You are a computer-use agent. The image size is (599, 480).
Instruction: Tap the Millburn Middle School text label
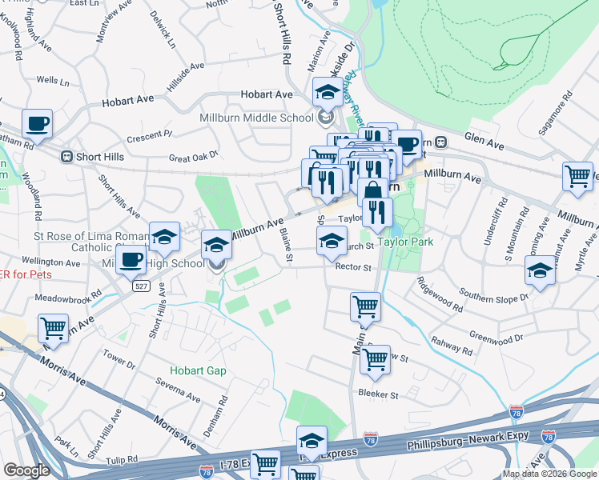click(256, 118)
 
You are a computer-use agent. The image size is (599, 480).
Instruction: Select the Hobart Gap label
click(198, 371)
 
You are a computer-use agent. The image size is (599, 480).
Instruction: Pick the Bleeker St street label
click(378, 394)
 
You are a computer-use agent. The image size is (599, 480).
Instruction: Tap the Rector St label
click(354, 268)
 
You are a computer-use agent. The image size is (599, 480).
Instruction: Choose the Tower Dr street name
click(119, 358)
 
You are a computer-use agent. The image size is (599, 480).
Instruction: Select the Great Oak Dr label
click(193, 158)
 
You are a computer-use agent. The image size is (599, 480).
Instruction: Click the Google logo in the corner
click(26, 470)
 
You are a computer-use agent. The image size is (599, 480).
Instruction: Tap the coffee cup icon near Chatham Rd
click(37, 123)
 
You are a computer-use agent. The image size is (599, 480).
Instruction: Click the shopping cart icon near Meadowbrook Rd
click(53, 326)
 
